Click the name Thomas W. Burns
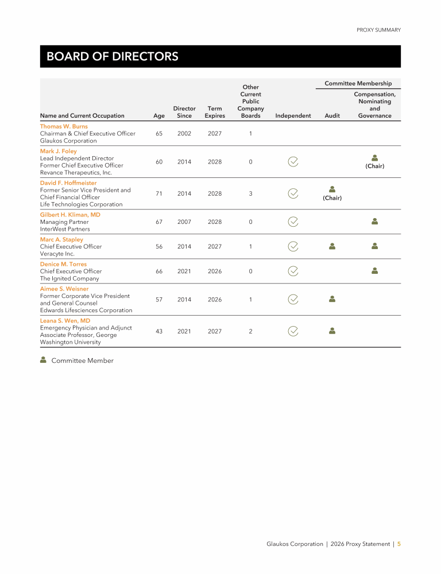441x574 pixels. click(64, 126)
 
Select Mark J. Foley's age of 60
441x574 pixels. click(159, 162)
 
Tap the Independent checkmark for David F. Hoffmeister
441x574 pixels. click(293, 193)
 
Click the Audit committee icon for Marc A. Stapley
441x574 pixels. click(332, 246)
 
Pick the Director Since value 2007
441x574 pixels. click(184, 222)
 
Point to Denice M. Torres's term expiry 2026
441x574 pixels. click(215, 271)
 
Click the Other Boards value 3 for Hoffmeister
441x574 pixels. click(250, 193)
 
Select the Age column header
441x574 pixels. click(159, 115)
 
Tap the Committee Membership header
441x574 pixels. click(358, 83)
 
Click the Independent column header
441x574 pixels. click(293, 115)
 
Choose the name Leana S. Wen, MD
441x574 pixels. click(65, 321)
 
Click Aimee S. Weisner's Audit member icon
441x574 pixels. click(332, 298)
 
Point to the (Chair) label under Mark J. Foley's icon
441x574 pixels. click(375, 166)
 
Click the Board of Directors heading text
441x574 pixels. click(112, 56)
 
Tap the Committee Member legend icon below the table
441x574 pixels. click(44, 360)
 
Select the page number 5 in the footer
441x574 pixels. click(399, 544)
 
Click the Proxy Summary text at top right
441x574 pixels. click(378, 30)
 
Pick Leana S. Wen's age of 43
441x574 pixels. click(159, 331)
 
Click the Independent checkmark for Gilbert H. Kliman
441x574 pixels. click(293, 222)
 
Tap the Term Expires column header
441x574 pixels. click(215, 112)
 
